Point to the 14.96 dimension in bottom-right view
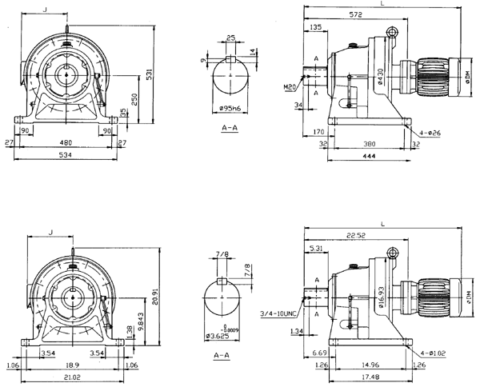pyautogui.click(x=367, y=365)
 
